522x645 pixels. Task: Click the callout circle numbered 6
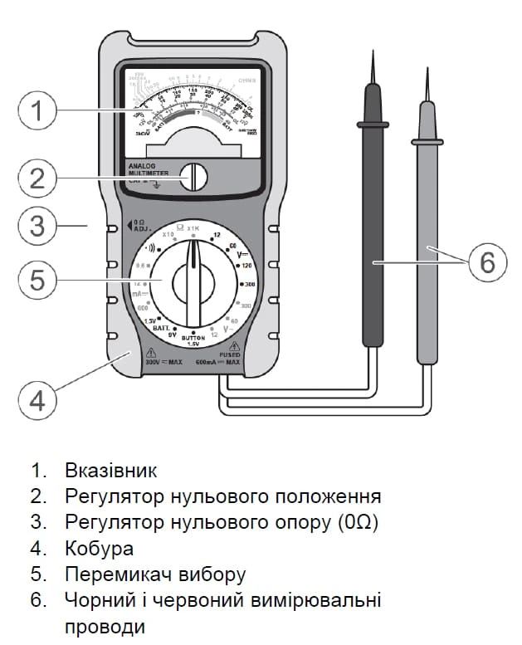486,262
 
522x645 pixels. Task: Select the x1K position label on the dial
193,227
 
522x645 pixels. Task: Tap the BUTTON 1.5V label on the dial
193,341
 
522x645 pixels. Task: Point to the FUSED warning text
230,354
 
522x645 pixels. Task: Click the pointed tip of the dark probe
373,58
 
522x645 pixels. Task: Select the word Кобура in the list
99,549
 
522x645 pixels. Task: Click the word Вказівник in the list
110,471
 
